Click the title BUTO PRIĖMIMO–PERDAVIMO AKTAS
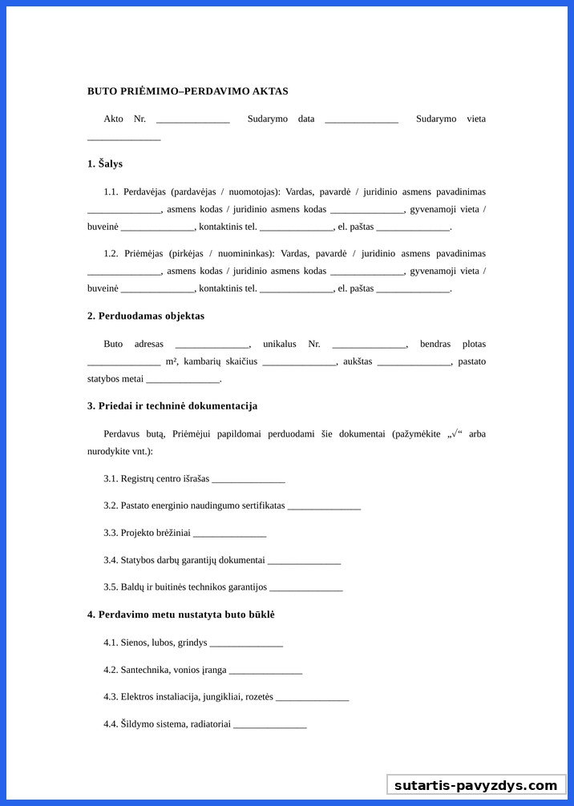[188, 91]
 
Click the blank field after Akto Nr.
[192, 120]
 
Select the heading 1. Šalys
[105, 163]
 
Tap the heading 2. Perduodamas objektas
[146, 316]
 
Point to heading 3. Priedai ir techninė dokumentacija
[172, 406]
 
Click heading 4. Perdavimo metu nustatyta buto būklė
[181, 615]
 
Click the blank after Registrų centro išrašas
[249, 480]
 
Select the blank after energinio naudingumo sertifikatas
[324, 507]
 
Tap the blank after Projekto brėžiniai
[229, 534]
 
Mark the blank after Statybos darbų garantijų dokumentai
[304, 561]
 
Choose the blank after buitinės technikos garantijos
[306, 588]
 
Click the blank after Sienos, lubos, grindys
[246, 643]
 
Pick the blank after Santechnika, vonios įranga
[265, 671]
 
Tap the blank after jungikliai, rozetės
[312, 698]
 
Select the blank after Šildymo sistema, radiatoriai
[269, 725]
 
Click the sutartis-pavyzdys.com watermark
[475, 785]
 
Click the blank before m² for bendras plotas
[123, 363]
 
